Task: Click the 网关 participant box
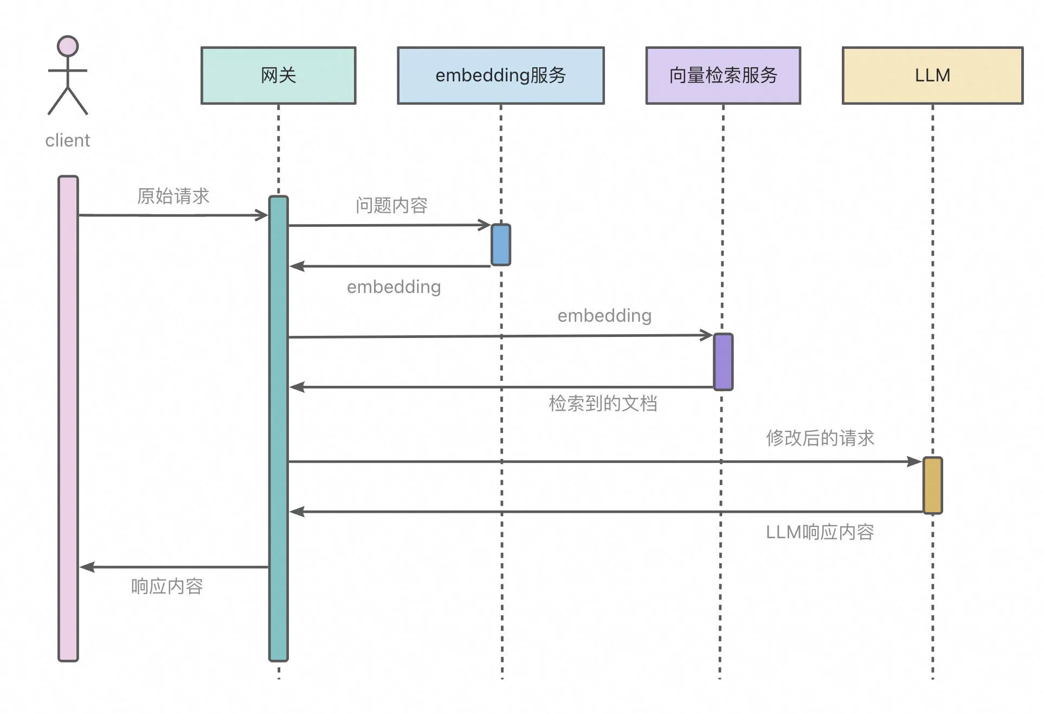point(278,75)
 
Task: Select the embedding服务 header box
point(500,75)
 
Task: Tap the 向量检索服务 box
point(723,75)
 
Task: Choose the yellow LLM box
point(932,75)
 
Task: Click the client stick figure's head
point(68,47)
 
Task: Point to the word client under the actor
point(68,141)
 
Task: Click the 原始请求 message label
point(173,196)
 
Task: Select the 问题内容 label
point(391,205)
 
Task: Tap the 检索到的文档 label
point(603,403)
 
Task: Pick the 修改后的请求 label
point(820,438)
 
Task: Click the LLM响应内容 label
point(820,532)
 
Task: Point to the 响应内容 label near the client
point(167,586)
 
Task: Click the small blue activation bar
point(500,245)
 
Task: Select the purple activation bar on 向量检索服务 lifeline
point(723,362)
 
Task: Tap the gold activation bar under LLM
point(932,485)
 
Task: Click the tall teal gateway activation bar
point(278,429)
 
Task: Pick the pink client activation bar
point(68,418)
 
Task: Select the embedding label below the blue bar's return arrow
point(394,287)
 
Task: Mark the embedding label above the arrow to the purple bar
point(604,315)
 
